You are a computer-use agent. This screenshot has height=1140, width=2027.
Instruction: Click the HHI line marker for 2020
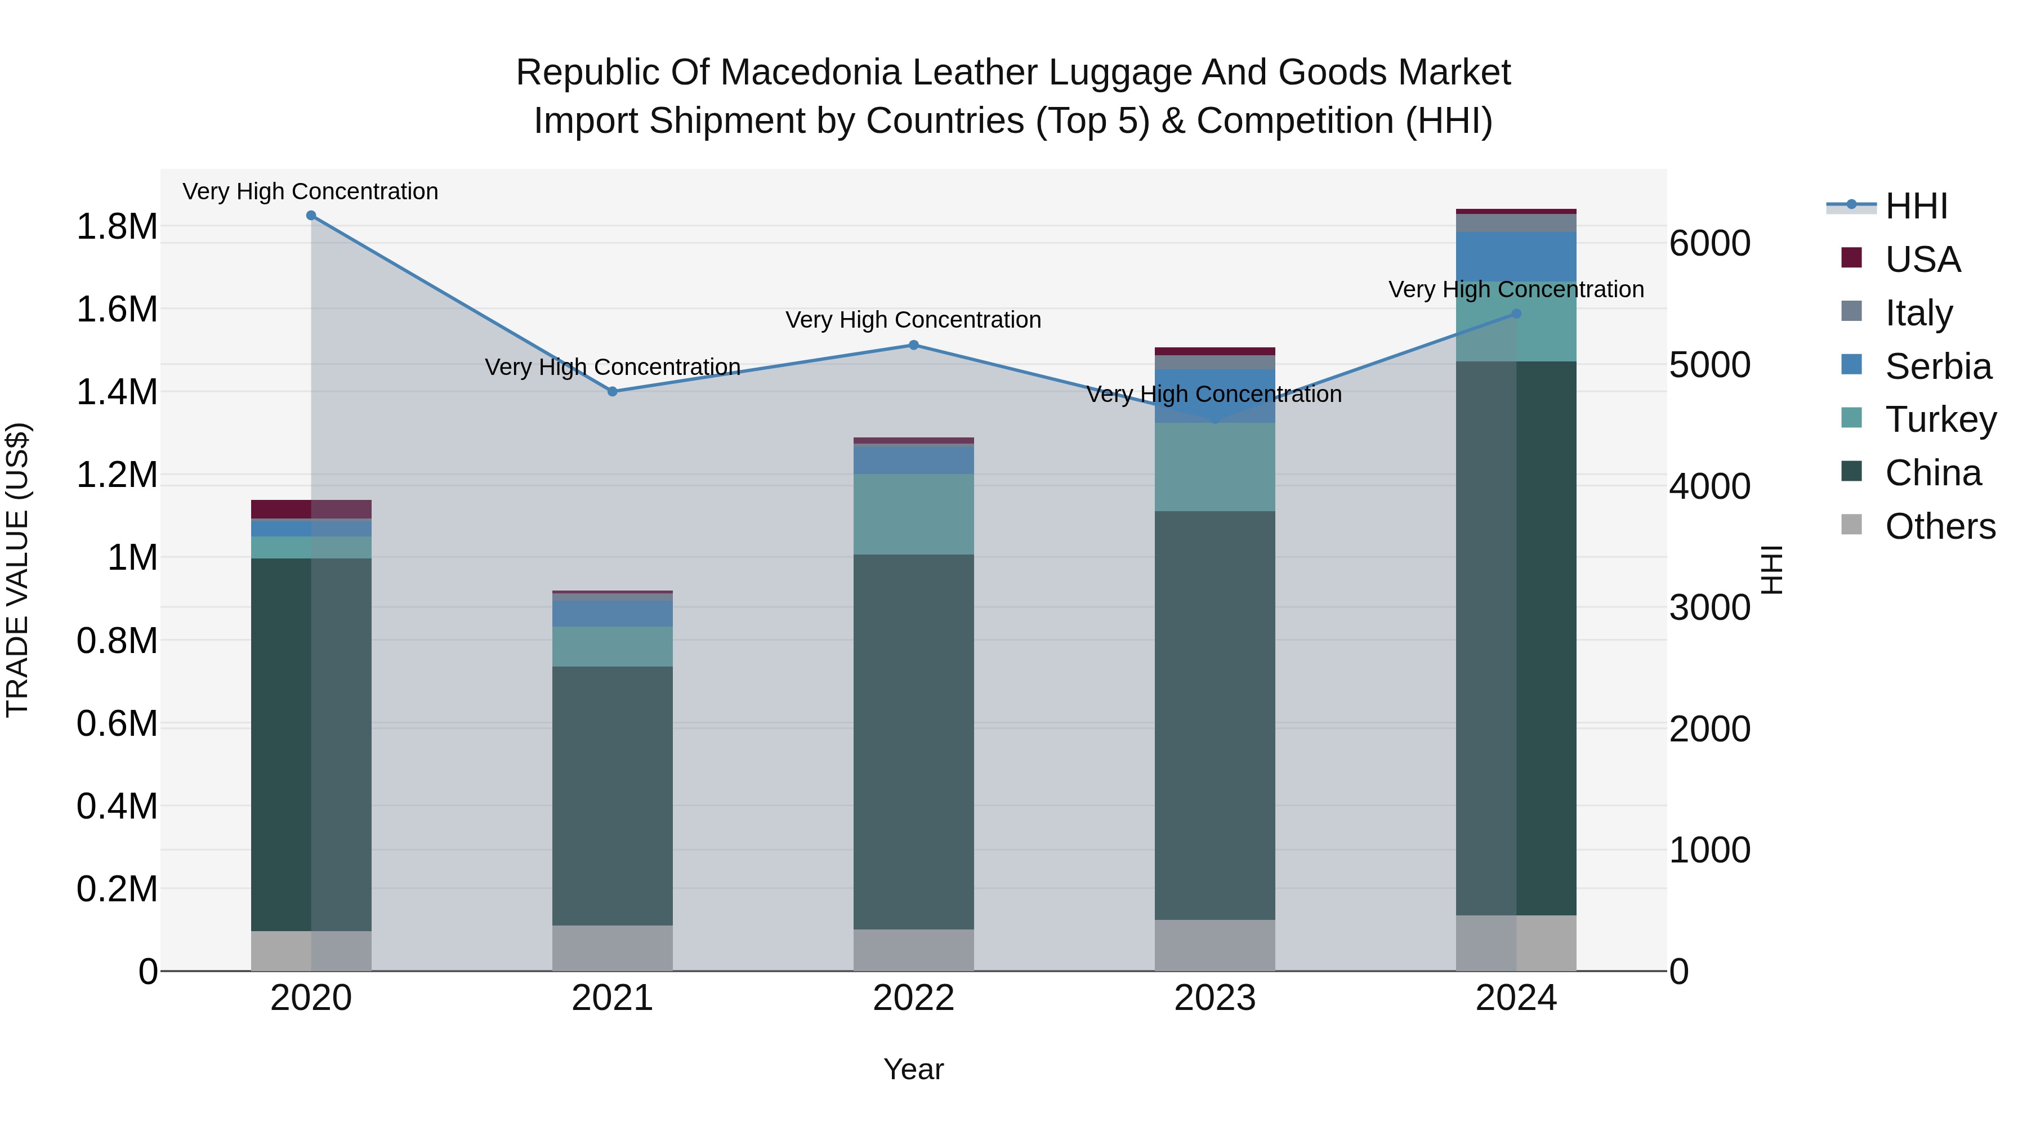pos(311,216)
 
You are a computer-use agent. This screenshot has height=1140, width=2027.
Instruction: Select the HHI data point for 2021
pos(612,391)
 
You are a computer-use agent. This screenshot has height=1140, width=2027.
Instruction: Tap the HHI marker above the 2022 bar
pos(914,345)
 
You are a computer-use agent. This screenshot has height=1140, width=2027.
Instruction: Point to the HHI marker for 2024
pos(1516,314)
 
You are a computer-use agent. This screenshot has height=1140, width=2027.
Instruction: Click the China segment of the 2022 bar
pos(914,740)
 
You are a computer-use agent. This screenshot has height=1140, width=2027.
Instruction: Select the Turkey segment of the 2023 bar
pos(1215,467)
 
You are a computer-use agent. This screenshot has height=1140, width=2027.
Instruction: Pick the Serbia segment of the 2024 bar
pos(1516,257)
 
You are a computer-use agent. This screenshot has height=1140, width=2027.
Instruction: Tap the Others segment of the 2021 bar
pos(612,947)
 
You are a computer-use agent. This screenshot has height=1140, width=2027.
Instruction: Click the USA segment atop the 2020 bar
pos(311,509)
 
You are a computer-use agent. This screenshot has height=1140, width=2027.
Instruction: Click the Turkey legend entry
pos(1940,419)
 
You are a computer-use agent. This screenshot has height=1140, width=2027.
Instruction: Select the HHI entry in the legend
pos(1916,206)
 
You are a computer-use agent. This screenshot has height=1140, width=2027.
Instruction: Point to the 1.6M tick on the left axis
pos(117,309)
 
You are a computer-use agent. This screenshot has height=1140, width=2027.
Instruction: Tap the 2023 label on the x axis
pos(1215,998)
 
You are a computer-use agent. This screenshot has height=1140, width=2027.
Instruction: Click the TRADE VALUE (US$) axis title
pos(17,570)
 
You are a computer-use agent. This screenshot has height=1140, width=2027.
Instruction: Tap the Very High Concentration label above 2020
pos(311,191)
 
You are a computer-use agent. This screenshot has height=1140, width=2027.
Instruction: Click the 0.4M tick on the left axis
pos(117,806)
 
